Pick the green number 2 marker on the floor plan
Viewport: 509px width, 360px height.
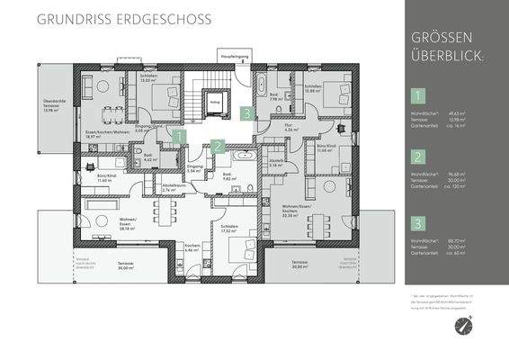click(218, 145)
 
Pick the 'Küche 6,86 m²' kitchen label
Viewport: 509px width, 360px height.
click(192, 247)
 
